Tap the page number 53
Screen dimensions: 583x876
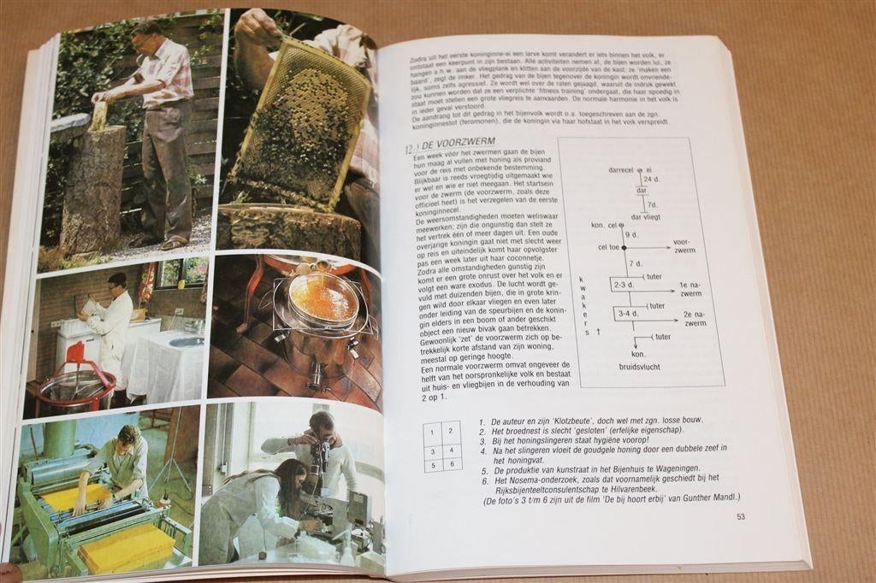pyautogui.click(x=741, y=516)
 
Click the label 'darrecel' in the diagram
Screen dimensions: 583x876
pyautogui.click(x=625, y=169)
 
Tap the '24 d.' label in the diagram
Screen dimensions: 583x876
pyautogui.click(x=652, y=180)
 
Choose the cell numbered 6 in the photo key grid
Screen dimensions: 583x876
pyautogui.click(x=453, y=464)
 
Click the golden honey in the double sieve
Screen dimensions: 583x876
pyautogui.click(x=323, y=298)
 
